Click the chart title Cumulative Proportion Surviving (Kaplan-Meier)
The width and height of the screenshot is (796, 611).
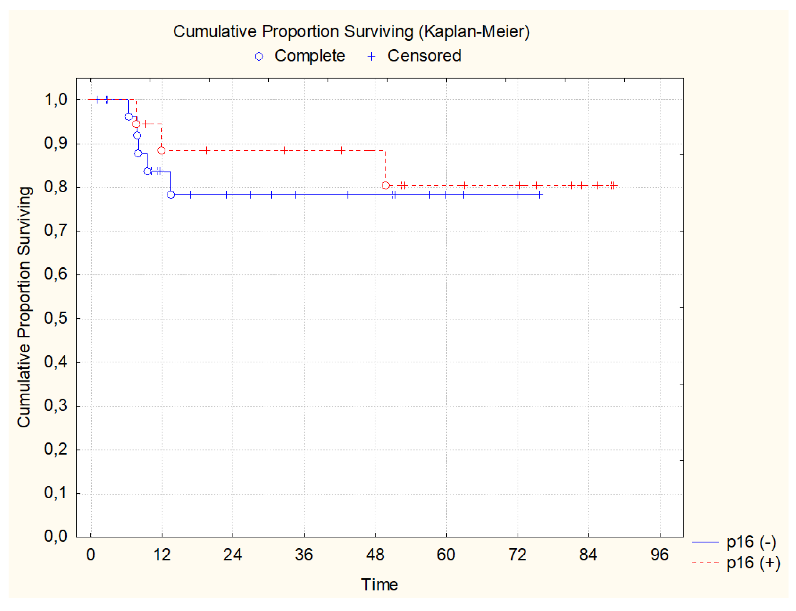(x=351, y=31)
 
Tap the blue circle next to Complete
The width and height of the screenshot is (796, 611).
(x=259, y=57)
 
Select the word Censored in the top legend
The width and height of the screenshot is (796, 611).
(x=424, y=56)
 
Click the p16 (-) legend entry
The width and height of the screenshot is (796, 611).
(x=751, y=542)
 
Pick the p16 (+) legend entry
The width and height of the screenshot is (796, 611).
(x=753, y=562)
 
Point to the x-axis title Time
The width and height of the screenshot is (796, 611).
(x=379, y=584)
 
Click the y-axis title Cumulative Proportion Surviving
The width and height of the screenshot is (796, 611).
(x=24, y=307)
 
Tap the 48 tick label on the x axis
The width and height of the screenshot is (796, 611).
(x=375, y=555)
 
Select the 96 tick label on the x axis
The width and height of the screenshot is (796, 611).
(x=659, y=555)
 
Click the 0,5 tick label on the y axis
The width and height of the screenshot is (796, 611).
(x=56, y=318)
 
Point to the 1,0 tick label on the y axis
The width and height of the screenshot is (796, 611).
(x=56, y=100)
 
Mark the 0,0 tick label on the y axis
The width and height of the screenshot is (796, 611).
(x=56, y=536)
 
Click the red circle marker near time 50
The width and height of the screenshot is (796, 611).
(x=385, y=185)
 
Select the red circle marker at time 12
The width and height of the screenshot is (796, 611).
(x=161, y=150)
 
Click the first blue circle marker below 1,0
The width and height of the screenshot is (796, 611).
(x=128, y=117)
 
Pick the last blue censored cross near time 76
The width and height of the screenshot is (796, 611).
(x=540, y=194)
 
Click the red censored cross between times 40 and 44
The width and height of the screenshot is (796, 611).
(x=341, y=150)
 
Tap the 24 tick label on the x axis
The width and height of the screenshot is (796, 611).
(x=232, y=555)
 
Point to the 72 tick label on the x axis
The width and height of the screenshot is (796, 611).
(x=517, y=555)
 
